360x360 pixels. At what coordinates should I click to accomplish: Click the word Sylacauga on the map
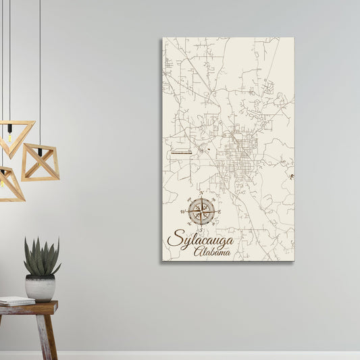coord(200,239)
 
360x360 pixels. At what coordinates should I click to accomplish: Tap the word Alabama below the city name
coord(212,252)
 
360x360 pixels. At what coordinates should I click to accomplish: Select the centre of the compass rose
coord(201,211)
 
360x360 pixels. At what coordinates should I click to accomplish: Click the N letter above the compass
coord(201,192)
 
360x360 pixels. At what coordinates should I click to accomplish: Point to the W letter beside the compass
coord(182,212)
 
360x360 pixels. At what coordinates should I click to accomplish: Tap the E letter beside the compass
coord(220,211)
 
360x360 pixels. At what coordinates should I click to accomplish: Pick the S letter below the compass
coord(201,230)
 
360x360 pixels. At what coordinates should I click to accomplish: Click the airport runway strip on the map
coord(181,153)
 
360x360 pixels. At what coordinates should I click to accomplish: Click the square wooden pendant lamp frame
coord(40,162)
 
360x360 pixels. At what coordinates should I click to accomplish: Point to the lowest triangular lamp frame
coord(9,185)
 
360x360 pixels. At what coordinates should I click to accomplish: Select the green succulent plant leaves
coord(41,257)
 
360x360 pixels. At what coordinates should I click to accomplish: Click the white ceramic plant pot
coord(41,288)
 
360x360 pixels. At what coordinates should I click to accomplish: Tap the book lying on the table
coord(16,301)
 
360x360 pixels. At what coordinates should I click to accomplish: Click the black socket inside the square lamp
coord(40,153)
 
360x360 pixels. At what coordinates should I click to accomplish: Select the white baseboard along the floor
coord(203,355)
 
